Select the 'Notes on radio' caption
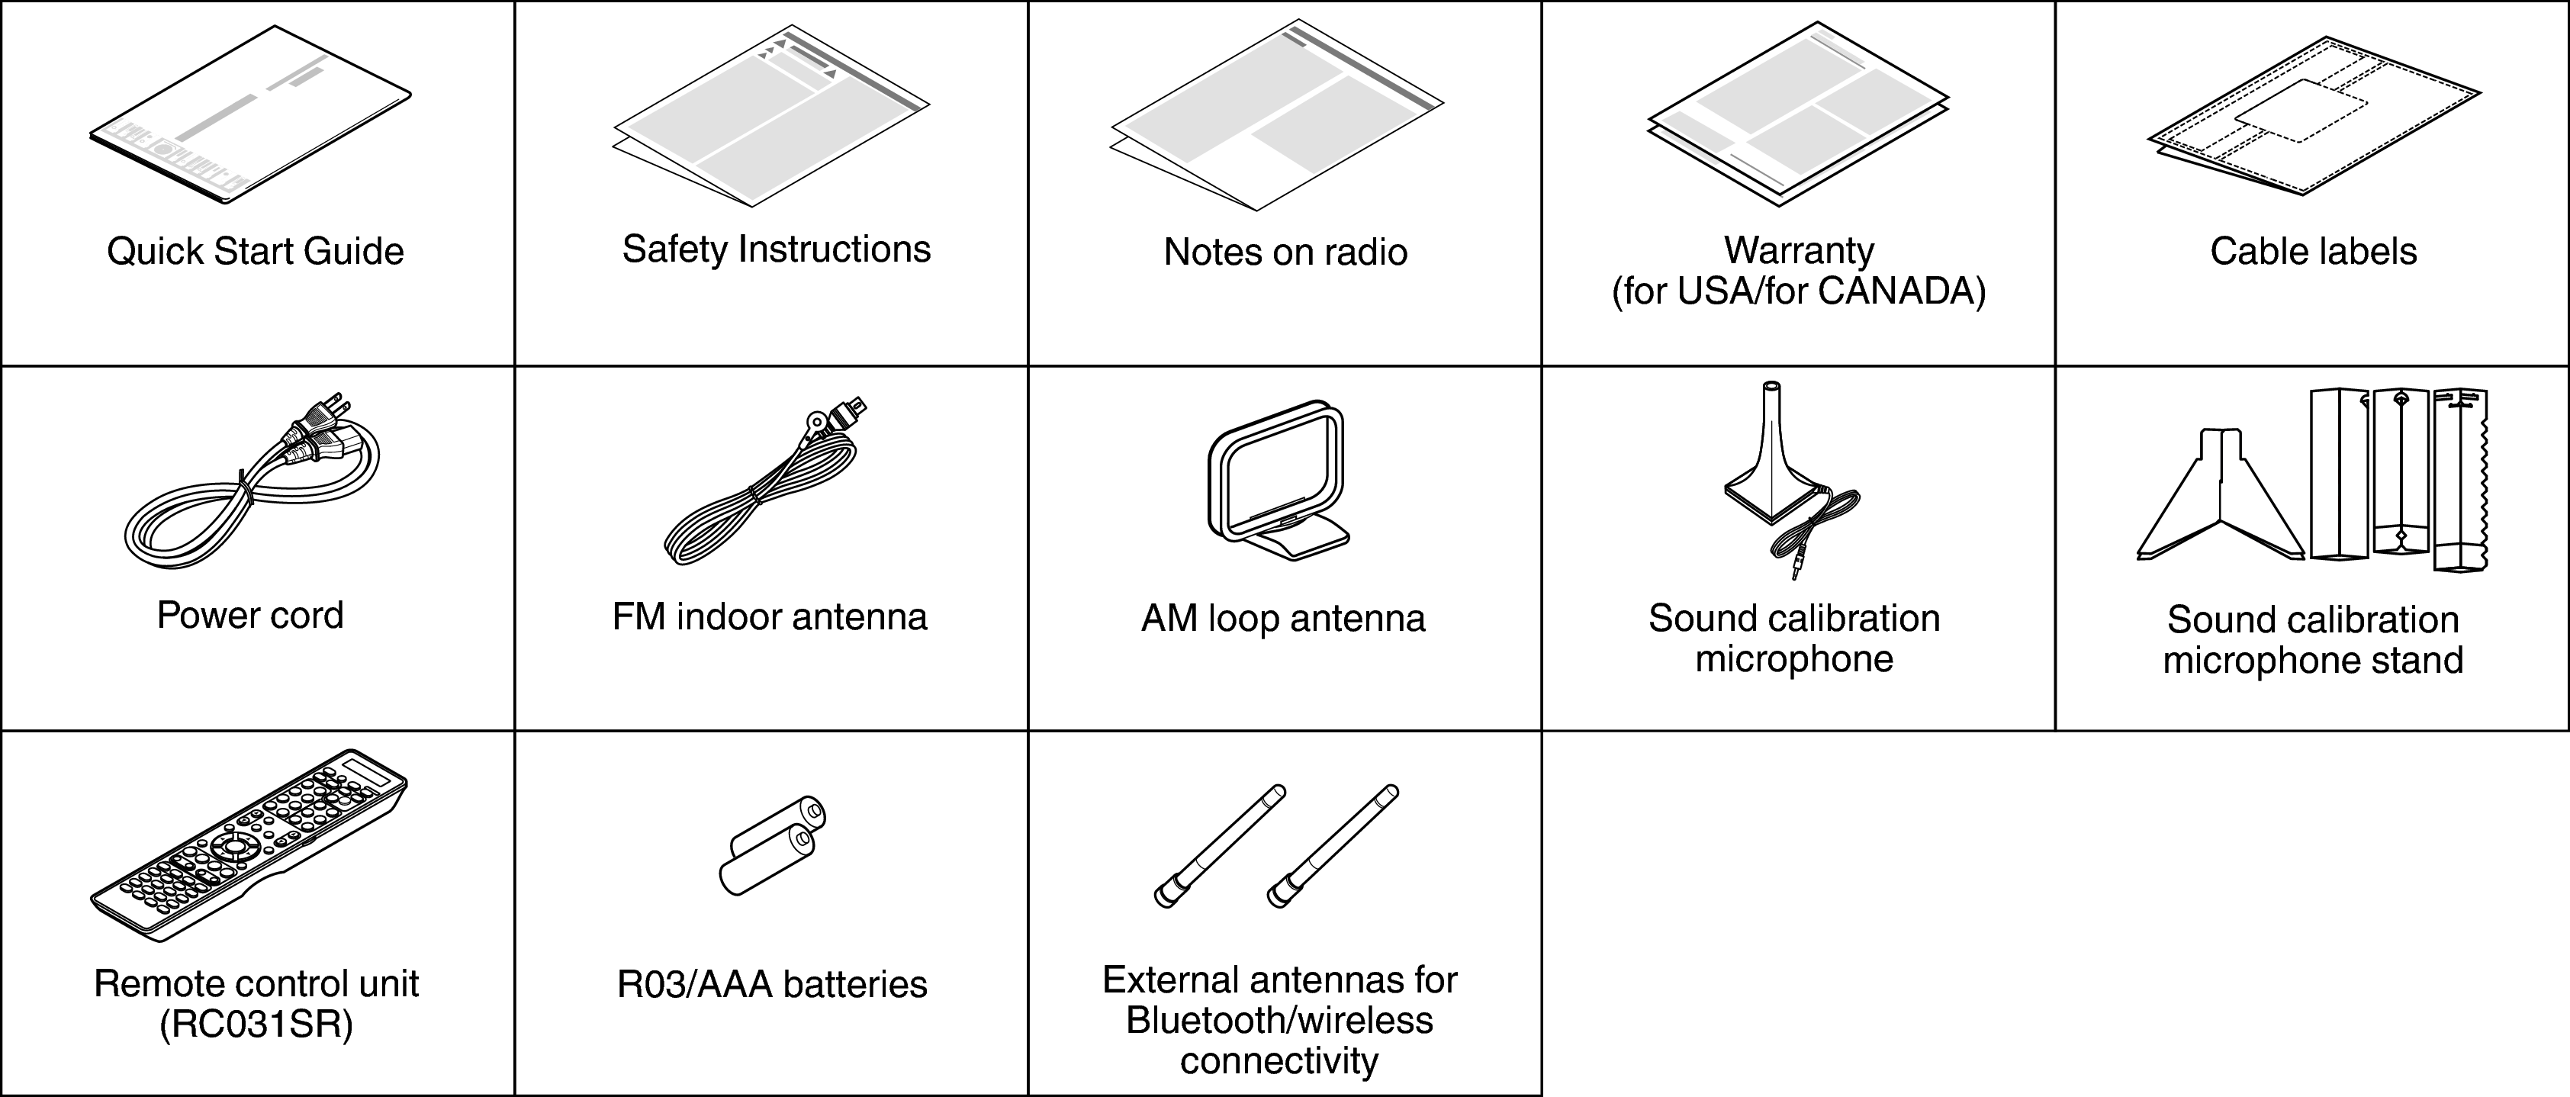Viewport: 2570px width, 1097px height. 1285,253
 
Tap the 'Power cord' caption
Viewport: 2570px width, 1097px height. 249,616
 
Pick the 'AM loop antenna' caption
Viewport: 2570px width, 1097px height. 1283,619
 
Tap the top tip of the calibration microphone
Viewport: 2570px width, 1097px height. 1770,386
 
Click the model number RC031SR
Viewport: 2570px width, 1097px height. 256,1025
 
